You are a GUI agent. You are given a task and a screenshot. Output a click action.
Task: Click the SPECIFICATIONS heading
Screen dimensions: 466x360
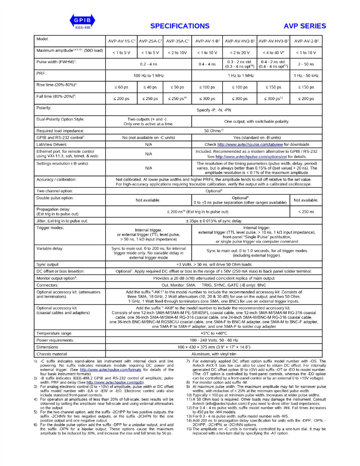click(x=180, y=26)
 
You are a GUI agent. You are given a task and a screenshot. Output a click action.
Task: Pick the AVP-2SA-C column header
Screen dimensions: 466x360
click(x=150, y=41)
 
